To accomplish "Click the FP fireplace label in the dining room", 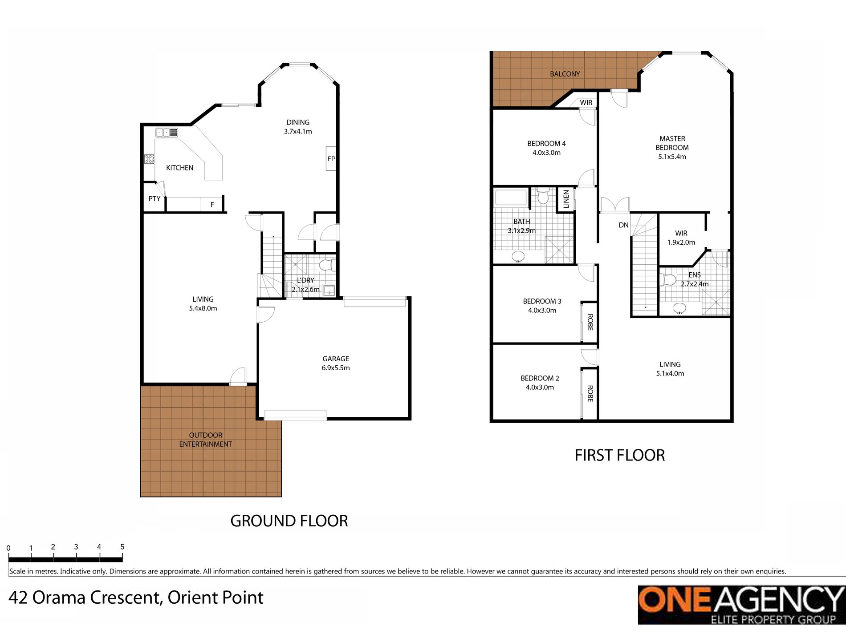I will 331,159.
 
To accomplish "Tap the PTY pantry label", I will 155,199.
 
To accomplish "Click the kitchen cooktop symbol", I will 149,159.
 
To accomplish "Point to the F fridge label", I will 212,205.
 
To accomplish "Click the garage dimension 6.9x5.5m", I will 336,368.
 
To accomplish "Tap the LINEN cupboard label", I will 566,199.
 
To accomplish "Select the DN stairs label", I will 623,225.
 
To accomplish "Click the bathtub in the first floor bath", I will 511,198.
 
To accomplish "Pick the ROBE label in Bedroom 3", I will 590,322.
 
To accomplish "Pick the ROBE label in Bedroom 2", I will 590,393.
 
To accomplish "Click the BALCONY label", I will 565,74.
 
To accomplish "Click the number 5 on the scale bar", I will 122,547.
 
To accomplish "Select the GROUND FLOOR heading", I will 289,521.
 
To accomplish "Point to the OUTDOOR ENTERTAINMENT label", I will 205,440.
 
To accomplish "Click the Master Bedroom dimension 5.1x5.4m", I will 672,157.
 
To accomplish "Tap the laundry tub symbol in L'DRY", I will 329,291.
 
